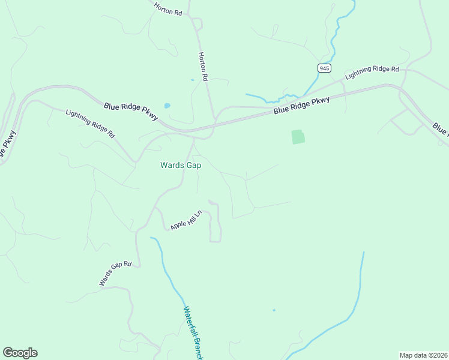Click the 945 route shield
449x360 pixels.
[324, 68]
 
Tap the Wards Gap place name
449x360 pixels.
[181, 165]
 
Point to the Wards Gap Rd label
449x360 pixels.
[115, 274]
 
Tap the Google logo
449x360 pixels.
[20, 353]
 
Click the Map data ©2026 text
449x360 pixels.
[423, 355]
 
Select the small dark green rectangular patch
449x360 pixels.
[298, 137]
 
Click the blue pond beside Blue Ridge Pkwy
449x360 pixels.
[167, 106]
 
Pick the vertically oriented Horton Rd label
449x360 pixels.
[203, 66]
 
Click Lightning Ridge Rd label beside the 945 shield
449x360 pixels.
[372, 73]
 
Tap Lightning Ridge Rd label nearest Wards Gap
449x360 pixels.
[90, 123]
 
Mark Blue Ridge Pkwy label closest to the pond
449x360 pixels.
[130, 111]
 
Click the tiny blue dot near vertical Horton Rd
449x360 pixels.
[192, 80]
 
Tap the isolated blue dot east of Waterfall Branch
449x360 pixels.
[274, 310]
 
